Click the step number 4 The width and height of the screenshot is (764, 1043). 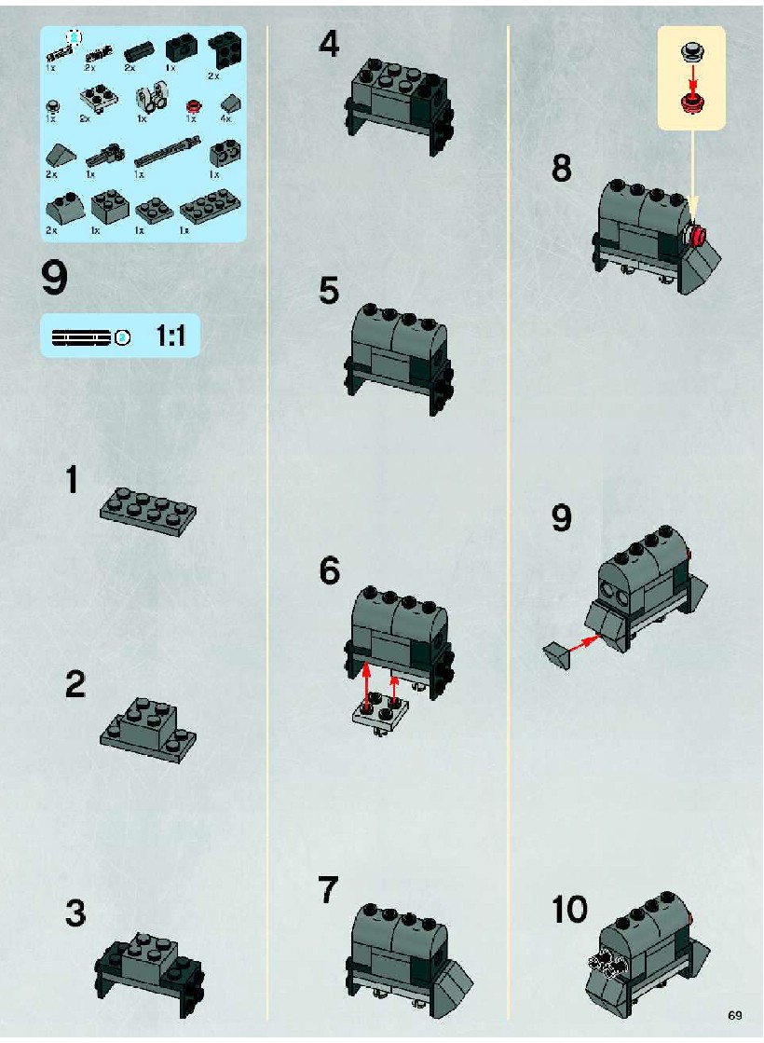(329, 45)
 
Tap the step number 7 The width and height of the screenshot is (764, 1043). (329, 890)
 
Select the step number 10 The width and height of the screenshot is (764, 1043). (570, 910)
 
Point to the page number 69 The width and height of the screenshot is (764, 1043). (735, 1015)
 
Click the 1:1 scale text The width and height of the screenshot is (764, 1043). (171, 336)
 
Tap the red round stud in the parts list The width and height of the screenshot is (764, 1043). (194, 106)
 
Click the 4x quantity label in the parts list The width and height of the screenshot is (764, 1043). (226, 118)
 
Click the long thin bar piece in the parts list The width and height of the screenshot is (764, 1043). (167, 152)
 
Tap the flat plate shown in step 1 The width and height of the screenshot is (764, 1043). (148, 512)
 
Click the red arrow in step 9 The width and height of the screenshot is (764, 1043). (583, 643)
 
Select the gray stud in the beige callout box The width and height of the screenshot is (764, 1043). (691, 51)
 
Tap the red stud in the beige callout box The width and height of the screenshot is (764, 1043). (692, 101)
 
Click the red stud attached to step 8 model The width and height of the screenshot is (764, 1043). (698, 234)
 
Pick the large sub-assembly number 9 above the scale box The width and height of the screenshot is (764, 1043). (55, 278)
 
